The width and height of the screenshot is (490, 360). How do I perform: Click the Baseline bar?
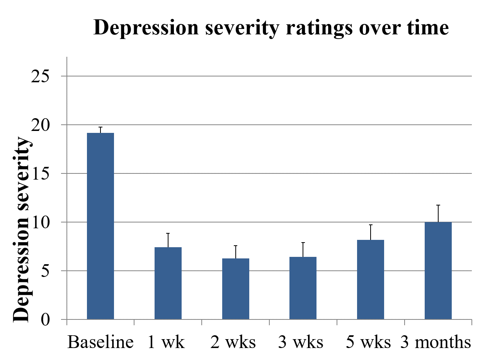pos(100,226)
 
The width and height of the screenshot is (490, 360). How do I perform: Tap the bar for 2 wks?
pos(235,289)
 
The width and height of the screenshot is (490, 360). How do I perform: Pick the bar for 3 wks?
pos(303,288)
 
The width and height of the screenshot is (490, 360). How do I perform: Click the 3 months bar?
pos(438,270)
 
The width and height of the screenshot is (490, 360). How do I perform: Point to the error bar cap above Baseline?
pos(100,127)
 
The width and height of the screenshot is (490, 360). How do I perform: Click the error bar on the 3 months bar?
pos(438,213)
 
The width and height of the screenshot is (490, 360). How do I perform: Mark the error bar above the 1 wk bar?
pos(168,240)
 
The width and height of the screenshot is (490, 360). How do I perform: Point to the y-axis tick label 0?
pos(46,320)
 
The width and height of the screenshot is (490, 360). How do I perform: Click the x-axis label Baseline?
pos(100,342)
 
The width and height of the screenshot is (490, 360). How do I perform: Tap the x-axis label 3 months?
pos(436,342)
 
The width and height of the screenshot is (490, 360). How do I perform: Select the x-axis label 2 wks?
pos(233,342)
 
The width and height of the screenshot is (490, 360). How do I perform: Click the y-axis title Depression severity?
pos(21,230)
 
